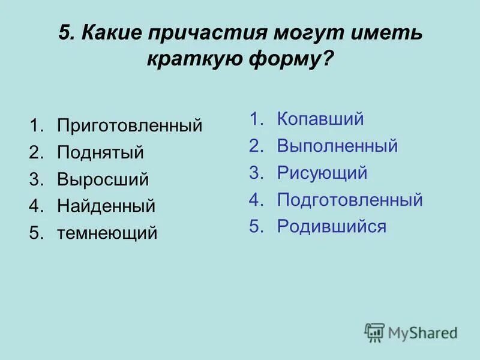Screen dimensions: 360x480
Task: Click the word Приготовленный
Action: coord(130,126)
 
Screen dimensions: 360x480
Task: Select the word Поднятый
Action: coord(100,152)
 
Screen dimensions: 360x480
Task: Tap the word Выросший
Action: coord(103,179)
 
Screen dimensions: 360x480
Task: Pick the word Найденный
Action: coord(106,206)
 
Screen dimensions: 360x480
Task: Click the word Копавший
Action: coord(320,119)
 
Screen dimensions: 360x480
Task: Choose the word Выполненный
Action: coord(337,146)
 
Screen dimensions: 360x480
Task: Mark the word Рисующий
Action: coord(322,173)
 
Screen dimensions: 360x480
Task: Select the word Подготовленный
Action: coord(350,200)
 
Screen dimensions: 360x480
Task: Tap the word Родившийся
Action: coord(331,226)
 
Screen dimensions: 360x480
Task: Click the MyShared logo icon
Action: coord(374,332)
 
